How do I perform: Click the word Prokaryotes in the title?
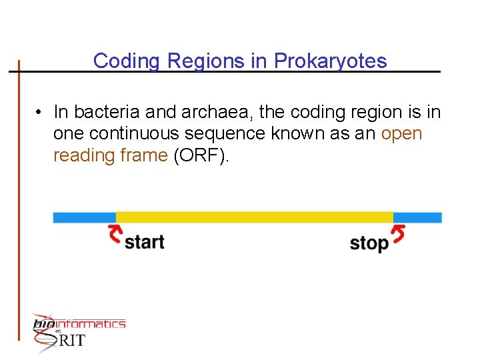[x=331, y=61]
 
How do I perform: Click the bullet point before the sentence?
[x=41, y=112]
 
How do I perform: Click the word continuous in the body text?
[x=127, y=133]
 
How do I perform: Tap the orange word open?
[x=401, y=133]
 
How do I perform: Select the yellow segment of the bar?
[x=254, y=217]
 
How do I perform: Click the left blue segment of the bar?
[x=84, y=217]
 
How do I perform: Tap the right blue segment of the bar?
[x=417, y=217]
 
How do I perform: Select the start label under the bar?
[x=144, y=241]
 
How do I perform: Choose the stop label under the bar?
[x=369, y=243]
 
